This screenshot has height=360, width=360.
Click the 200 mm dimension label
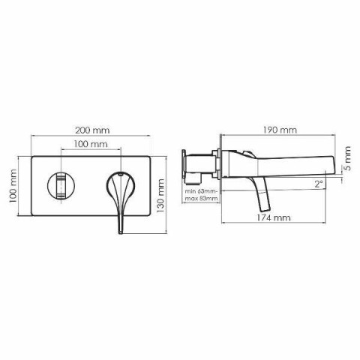pyautogui.click(x=92, y=130)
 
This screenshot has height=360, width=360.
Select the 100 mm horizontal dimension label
pyautogui.click(x=91, y=144)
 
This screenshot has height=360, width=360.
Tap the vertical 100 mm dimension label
pyautogui.click(x=13, y=186)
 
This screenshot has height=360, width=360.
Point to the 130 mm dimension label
pyautogui.click(x=160, y=196)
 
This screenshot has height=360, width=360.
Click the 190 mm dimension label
pyautogui.click(x=280, y=130)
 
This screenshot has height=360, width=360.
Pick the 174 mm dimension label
pyautogui.click(x=274, y=217)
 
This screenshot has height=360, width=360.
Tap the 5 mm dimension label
pyautogui.click(x=347, y=158)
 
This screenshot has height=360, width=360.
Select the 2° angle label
pyautogui.click(x=319, y=184)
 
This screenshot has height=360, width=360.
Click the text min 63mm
pyautogui.click(x=201, y=191)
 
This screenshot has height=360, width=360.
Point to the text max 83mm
pyautogui.click(x=201, y=199)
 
